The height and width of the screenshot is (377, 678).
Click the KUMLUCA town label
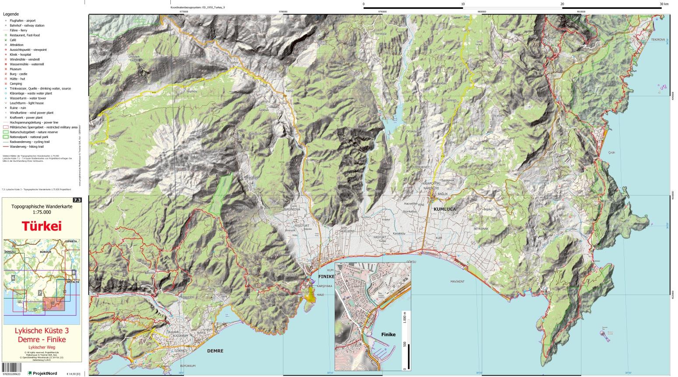coord(445,210)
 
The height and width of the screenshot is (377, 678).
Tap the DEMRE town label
coord(215,351)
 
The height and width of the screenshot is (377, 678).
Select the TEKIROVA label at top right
coord(658,39)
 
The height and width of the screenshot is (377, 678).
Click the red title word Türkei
coord(42,226)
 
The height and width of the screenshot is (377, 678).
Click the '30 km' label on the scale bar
coord(664,4)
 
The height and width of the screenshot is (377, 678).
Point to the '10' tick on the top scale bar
coord(463,4)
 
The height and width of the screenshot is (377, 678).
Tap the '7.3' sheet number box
coord(77,200)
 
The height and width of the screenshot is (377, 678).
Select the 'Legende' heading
coord(11,14)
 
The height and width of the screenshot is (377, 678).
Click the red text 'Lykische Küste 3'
coord(42,331)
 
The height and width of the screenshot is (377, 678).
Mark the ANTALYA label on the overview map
coord(73,282)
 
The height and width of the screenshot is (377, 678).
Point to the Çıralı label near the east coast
coord(612,153)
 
